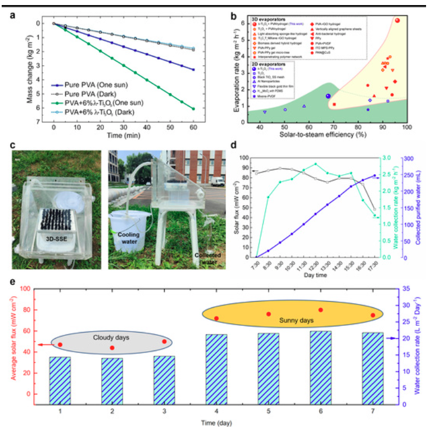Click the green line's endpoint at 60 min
coord(193,108)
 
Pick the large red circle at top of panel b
coord(397,20)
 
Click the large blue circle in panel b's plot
coord(328,96)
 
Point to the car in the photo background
coord(217,181)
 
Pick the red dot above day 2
coord(112,348)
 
